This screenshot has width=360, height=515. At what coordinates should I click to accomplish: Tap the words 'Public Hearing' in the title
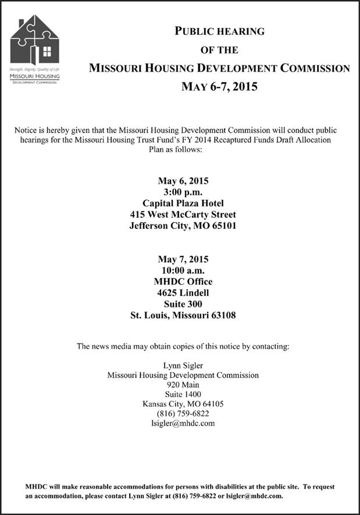pos(219,31)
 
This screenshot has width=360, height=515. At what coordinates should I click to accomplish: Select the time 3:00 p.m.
pos(183,192)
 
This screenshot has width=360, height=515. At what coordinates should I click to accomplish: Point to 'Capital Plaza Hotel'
pos(183,203)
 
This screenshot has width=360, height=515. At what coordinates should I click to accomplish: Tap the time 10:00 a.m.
pos(183,270)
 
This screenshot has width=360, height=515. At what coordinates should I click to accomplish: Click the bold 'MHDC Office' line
pos(183,281)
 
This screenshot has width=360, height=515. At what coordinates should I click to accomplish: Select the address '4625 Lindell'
pos(183,293)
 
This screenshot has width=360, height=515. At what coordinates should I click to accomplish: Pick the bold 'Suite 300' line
pos(183,304)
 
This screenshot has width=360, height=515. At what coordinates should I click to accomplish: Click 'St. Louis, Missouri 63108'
pos(183,316)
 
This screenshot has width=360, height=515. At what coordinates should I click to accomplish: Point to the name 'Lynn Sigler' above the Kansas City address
pos(183,366)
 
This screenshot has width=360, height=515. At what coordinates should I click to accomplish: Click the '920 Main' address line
pos(183,385)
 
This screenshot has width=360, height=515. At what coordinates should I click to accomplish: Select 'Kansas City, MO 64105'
pos(183,404)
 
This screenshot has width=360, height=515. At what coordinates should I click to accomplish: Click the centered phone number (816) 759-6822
pos(183,413)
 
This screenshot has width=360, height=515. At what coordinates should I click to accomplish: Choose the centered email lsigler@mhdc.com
pos(183,423)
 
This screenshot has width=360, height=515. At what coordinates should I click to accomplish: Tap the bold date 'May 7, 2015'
pos(183,259)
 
